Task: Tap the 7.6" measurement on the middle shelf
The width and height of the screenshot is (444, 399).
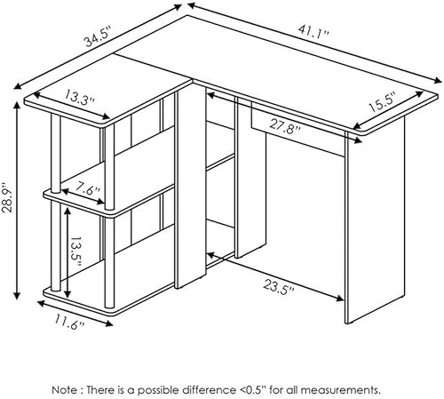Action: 88,188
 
